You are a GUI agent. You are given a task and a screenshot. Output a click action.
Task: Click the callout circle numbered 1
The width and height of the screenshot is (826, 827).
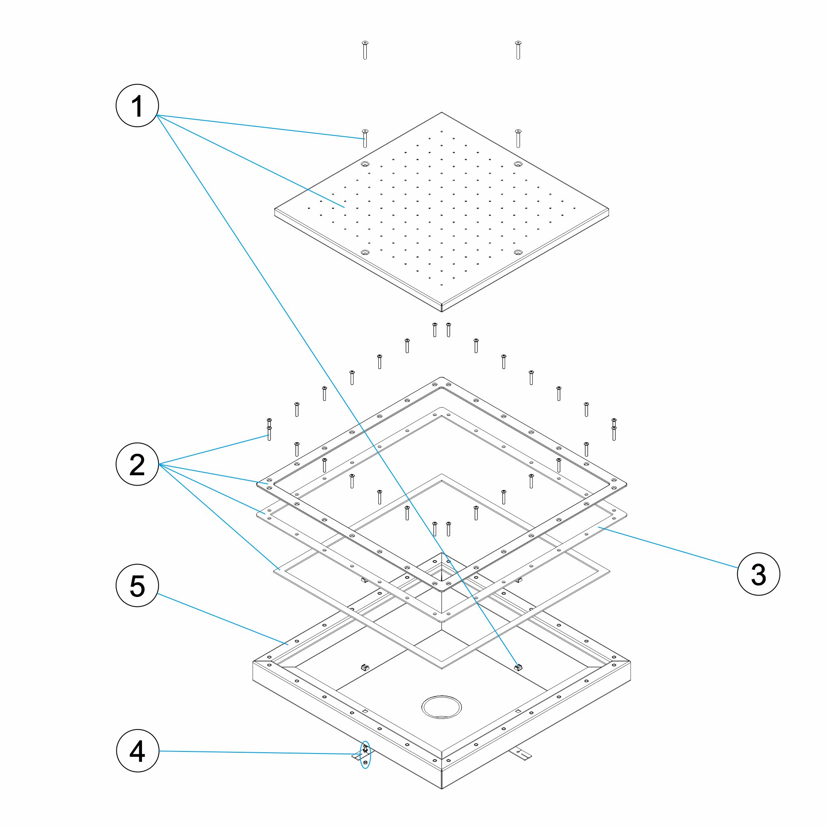click(138, 105)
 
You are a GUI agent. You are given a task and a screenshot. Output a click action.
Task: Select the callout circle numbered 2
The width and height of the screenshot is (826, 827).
click(138, 464)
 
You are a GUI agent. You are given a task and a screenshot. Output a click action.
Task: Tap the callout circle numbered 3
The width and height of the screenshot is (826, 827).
click(758, 574)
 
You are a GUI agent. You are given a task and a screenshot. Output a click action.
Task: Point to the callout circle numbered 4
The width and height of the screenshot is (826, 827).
click(138, 751)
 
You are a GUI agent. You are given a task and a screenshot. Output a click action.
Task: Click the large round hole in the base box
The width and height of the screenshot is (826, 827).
click(441, 707)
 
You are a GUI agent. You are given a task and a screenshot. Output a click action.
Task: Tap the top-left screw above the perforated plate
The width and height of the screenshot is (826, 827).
click(365, 50)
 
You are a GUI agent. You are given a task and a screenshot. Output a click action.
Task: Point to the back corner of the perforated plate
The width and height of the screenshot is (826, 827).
click(441, 114)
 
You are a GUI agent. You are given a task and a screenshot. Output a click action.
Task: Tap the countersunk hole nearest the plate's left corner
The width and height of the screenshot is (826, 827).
click(365, 253)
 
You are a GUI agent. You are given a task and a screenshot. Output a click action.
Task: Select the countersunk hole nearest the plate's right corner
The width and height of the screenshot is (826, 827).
click(518, 253)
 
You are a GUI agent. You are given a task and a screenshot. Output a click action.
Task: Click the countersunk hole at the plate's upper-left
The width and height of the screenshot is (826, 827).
click(365, 164)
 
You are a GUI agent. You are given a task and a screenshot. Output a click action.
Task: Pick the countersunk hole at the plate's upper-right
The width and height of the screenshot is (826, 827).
click(518, 164)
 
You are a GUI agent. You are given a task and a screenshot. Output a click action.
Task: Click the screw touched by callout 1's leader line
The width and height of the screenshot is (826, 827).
click(365, 138)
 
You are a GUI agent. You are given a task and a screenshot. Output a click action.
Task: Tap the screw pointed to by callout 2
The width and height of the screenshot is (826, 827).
click(269, 433)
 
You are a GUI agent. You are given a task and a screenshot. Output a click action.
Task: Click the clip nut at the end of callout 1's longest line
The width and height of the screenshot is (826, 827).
click(519, 667)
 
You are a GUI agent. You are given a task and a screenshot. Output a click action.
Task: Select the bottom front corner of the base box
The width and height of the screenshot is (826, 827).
click(441, 788)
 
